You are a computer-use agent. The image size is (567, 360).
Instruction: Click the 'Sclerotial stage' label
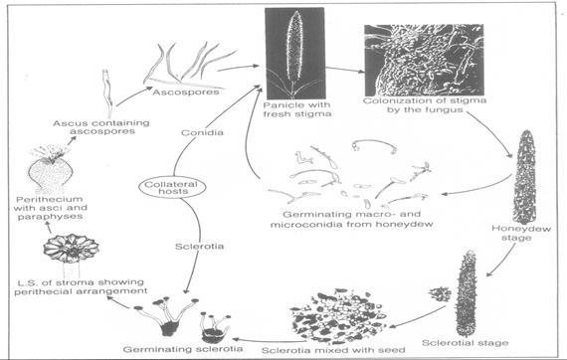pyautogui.click(x=486, y=343)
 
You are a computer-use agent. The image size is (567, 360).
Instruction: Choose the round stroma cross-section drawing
pyautogui.click(x=62, y=250)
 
